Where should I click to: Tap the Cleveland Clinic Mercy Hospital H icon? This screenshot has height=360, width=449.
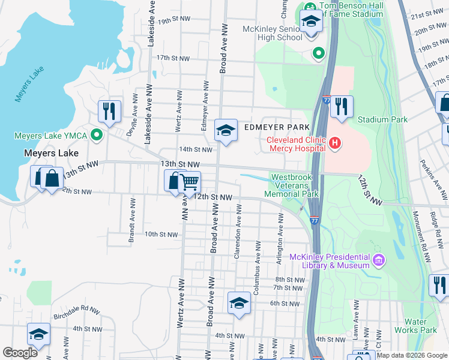[335, 144]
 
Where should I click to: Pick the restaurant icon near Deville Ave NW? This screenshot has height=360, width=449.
[109, 110]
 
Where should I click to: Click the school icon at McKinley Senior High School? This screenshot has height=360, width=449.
[311, 22]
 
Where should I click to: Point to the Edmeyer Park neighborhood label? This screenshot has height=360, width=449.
[277, 127]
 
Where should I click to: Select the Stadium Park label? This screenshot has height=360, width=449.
[382, 119]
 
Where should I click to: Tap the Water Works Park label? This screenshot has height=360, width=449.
[420, 326]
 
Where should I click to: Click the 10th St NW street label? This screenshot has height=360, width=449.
[161, 234]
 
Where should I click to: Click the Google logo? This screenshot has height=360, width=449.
[20, 353]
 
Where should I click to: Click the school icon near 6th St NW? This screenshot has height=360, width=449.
[239, 302]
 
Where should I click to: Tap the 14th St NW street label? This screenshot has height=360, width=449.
[196, 149]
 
